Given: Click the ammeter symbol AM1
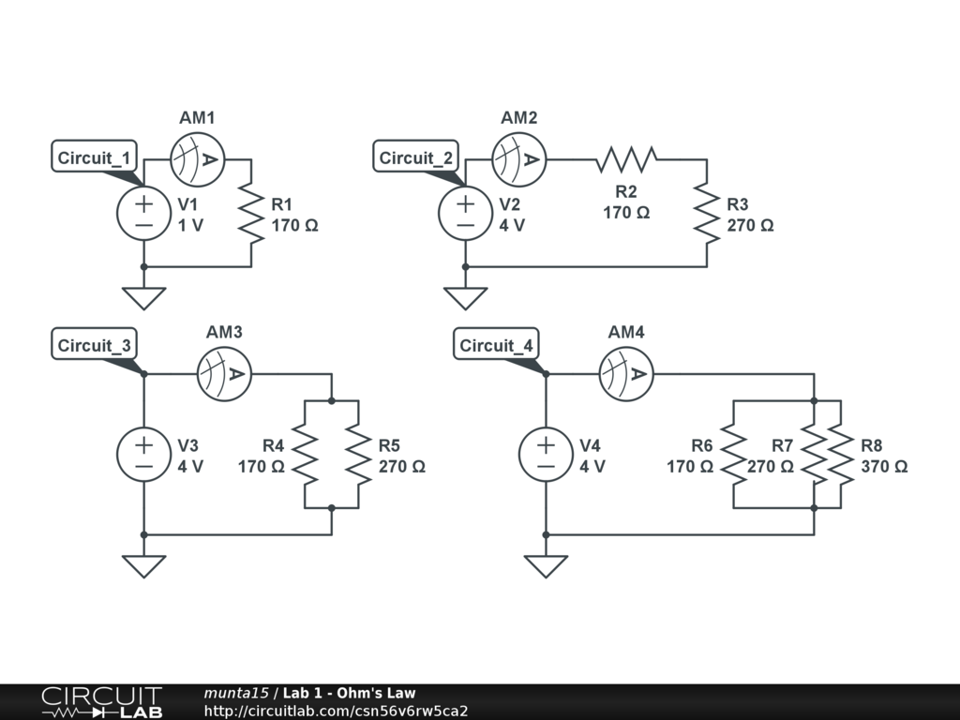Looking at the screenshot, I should point(197,159).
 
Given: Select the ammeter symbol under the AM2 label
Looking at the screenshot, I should point(519,159).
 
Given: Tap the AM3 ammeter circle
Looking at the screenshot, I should point(225,374).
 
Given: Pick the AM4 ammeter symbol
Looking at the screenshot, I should point(626,374).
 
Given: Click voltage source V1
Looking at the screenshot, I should point(143,213).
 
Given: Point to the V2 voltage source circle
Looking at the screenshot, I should point(466,213).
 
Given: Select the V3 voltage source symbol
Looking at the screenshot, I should point(143,454).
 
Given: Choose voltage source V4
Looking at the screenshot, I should point(546,454).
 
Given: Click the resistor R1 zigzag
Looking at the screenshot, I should point(251,213).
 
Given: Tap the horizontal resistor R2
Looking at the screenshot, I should point(626,159).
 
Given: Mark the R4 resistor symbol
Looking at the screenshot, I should point(305,454).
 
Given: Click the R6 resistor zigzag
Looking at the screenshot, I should point(733,454).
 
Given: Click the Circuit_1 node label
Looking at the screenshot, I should point(96,157).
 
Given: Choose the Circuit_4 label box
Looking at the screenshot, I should point(497,345).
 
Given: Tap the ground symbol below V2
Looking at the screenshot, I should point(466,298).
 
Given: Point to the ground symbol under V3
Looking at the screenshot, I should point(143,566).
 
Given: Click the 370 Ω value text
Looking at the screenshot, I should point(883,466).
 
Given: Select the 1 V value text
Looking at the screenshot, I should point(191,226).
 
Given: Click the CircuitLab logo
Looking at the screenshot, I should point(101,702).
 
